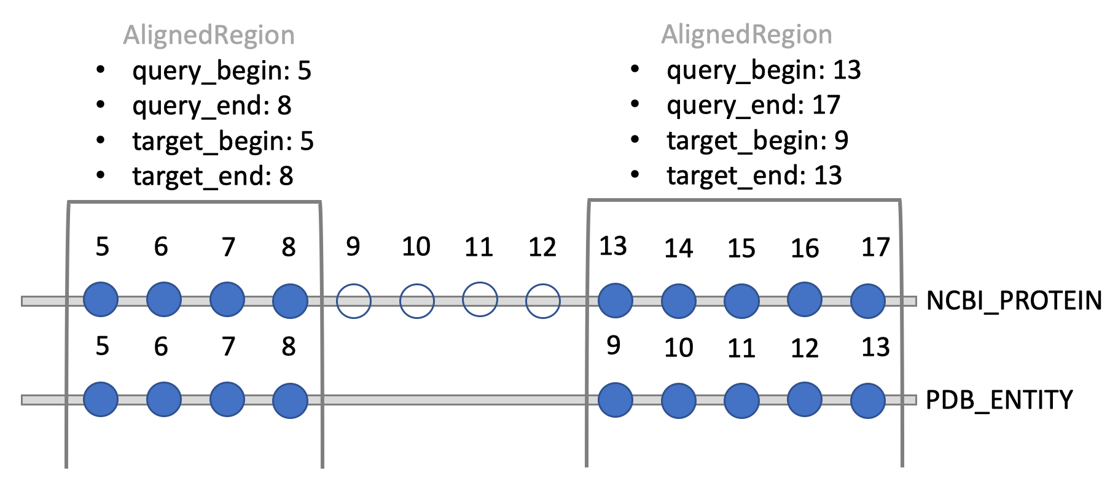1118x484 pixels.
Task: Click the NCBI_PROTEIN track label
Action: click(x=1013, y=301)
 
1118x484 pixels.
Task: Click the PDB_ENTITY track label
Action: click(x=998, y=400)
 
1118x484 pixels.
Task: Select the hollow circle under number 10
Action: click(x=416, y=301)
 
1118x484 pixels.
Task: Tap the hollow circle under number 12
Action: click(x=542, y=301)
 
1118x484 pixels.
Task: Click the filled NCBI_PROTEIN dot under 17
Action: click(x=867, y=301)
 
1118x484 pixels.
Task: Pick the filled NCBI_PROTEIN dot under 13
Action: click(x=615, y=301)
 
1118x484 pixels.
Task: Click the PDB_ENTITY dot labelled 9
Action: click(x=615, y=400)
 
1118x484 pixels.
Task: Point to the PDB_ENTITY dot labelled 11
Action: click(x=741, y=401)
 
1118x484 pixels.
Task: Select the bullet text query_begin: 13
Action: click(x=764, y=71)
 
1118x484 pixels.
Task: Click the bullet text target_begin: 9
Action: click(x=757, y=140)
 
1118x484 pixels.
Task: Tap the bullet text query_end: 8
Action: click(x=211, y=106)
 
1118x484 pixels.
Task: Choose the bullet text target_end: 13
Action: click(x=754, y=176)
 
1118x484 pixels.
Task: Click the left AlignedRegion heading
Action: click(x=209, y=35)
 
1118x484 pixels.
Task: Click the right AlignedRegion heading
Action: click(x=746, y=34)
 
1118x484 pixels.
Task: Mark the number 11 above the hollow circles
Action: click(x=479, y=247)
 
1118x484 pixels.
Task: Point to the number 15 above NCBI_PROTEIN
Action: click(x=741, y=248)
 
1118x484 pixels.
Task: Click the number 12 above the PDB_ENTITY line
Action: click(x=804, y=348)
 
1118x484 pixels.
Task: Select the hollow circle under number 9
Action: click(x=353, y=301)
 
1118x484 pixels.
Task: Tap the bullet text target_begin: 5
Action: click(x=222, y=141)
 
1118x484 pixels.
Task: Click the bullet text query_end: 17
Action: click(x=753, y=106)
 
